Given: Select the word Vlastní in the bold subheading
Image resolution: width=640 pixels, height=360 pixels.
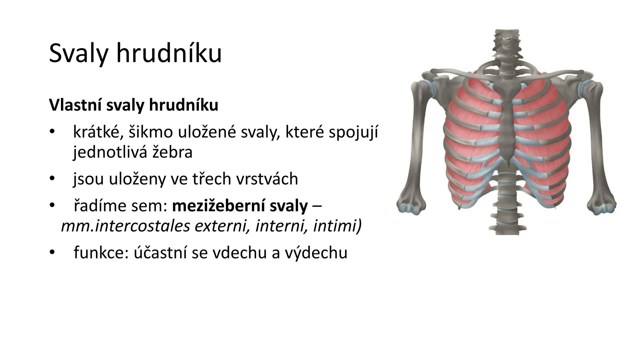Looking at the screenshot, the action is pos(75,105).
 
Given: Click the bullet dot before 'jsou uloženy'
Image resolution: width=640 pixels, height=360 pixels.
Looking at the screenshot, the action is pos(52,179).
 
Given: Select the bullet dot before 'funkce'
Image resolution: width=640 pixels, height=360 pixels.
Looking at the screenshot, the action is pos(52,253).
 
